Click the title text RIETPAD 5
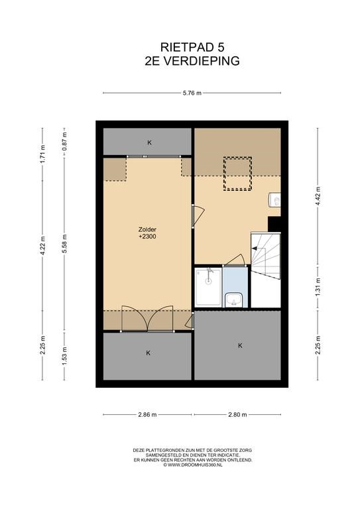point(192,48)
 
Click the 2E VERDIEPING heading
point(192,61)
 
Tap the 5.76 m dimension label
point(192,93)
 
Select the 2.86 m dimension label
point(147,414)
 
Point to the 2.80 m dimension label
point(237,414)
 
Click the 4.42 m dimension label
point(318,196)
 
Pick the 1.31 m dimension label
point(318,286)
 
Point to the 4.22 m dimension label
point(42,246)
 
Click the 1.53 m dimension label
point(64,356)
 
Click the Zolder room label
point(147,229)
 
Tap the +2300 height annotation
point(147,237)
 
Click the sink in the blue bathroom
point(233,300)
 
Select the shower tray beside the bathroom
point(208,287)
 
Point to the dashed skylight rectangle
point(237,174)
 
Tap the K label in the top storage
point(149,142)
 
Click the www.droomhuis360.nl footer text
point(193,465)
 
